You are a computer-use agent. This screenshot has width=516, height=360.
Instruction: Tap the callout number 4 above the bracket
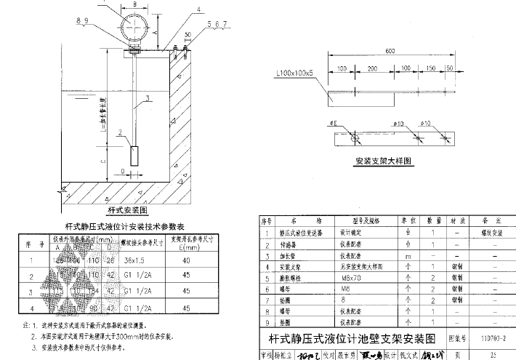177,10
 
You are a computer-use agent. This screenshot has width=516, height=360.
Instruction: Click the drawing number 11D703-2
493,338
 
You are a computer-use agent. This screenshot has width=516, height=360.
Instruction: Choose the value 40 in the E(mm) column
188,260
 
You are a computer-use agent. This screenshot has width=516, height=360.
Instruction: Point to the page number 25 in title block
493,356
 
